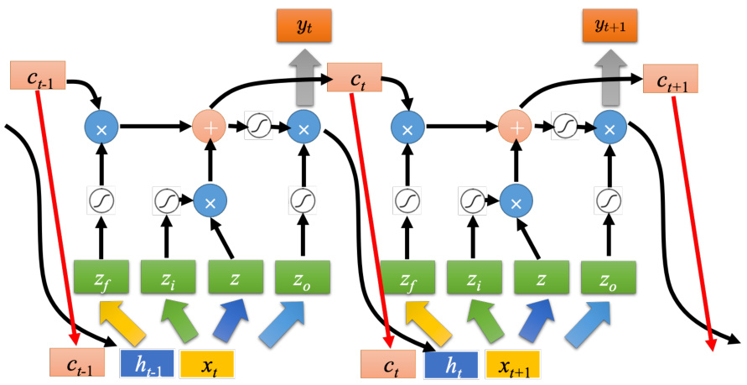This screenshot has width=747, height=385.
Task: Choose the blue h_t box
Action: (x=451, y=363)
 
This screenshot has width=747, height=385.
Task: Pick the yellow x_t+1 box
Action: (x=511, y=363)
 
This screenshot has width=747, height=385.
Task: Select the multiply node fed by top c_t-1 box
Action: (x=101, y=127)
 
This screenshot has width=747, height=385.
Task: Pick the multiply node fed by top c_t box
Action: (x=407, y=127)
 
